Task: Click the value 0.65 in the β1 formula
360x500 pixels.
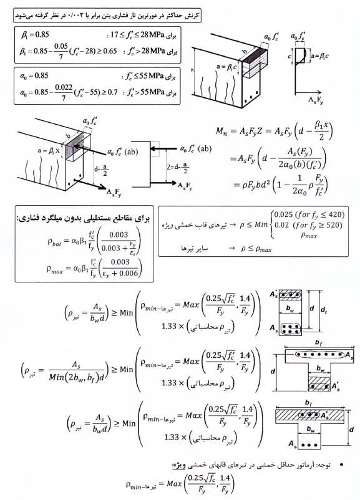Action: (110, 51)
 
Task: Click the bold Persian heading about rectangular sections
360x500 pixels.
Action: (84, 218)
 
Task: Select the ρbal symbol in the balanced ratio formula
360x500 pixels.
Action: (54, 242)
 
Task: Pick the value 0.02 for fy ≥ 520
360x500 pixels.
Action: (281, 225)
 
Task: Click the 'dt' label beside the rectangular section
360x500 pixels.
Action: (324, 309)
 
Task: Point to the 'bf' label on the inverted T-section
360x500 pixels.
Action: (319, 343)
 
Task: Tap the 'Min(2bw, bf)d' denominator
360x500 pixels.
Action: (77, 377)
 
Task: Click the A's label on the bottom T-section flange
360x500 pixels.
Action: (325, 416)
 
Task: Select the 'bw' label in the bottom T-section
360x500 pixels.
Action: (310, 430)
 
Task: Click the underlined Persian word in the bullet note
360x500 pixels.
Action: (179, 466)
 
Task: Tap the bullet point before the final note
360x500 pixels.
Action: (342, 465)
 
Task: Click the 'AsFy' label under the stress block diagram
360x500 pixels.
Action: (315, 100)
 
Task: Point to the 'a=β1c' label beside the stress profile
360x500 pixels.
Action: (320, 56)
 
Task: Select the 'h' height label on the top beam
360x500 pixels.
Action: (192, 70)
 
